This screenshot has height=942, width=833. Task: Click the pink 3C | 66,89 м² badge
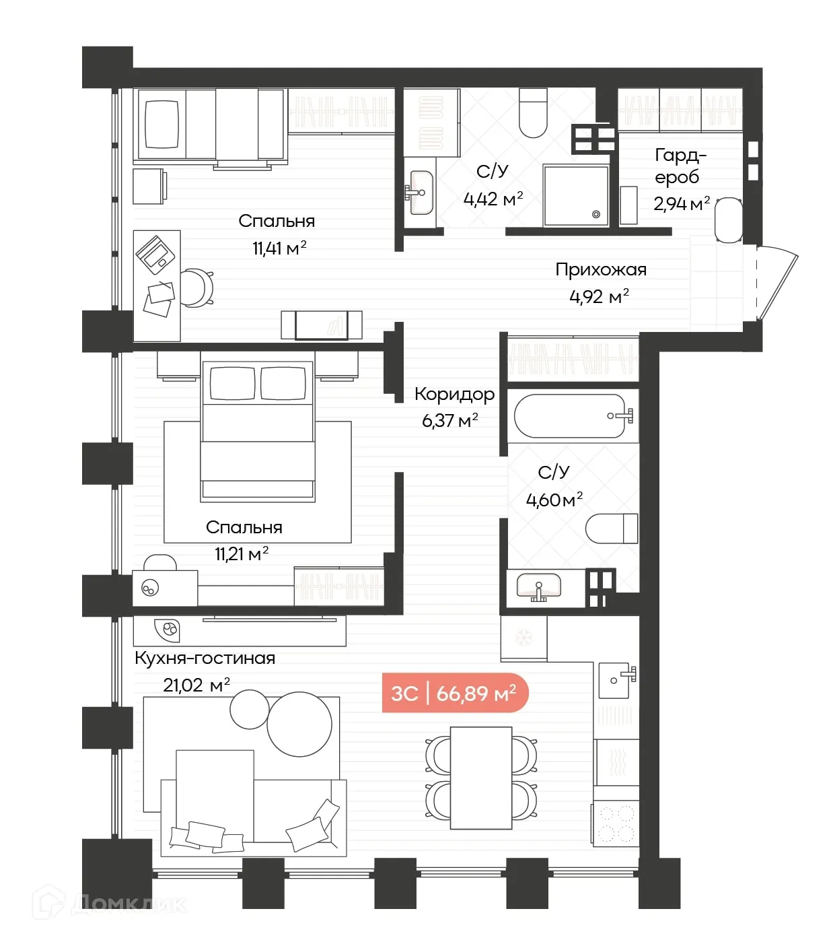point(455,693)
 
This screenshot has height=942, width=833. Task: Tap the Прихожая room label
point(601,270)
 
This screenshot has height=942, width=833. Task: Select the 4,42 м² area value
point(493,199)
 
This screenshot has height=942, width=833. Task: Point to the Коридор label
point(454,395)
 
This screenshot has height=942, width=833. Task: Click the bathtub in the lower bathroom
point(571,416)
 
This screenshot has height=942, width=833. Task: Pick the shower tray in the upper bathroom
point(576,196)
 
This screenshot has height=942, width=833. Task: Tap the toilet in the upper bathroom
point(533,113)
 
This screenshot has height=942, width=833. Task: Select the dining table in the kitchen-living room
point(481,778)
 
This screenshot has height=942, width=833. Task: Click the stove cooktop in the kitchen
point(616,823)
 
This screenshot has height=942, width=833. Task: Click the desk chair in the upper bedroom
point(197,288)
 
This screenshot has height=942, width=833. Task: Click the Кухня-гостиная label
point(205,659)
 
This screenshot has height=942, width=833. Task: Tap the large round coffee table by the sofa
point(299,725)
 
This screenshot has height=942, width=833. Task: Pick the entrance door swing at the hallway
point(776,283)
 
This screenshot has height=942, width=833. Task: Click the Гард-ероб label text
point(680,166)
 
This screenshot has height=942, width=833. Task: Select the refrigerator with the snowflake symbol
point(523,638)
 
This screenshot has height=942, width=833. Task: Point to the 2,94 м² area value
point(681,203)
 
